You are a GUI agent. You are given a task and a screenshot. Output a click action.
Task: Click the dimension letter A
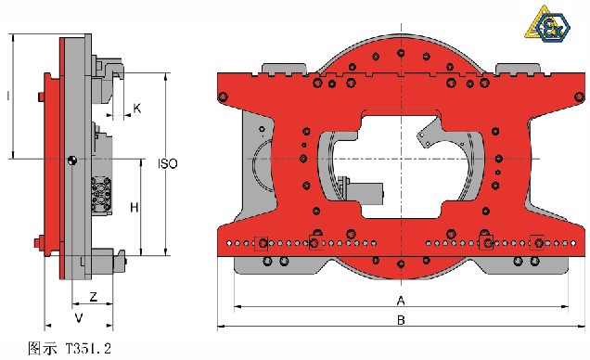point(401,301)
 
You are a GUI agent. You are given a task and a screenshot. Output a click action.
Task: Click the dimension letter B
point(401,320)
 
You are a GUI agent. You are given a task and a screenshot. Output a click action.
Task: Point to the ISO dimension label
point(167,163)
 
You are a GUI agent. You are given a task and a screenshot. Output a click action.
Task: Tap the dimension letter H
point(134,207)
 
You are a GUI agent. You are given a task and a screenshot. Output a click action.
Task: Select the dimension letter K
point(137,109)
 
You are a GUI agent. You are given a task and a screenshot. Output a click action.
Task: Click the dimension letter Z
point(94,296)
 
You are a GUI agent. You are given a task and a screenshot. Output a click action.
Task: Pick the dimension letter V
point(79,318)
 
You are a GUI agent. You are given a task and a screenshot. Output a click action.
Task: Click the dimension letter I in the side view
point(8,96)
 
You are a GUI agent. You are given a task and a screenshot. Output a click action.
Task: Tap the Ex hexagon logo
point(552,27)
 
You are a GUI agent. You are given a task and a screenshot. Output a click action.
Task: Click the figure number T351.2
point(89,348)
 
